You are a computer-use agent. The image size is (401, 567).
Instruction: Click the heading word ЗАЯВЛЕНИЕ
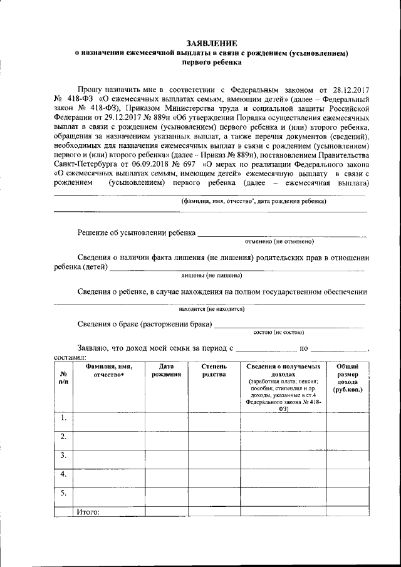pos(211,44)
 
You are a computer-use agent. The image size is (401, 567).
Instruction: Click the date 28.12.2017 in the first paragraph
pos(348,90)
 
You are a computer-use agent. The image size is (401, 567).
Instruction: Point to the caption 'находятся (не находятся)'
pos(211,309)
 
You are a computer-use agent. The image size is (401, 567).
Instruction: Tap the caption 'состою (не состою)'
pos(278,331)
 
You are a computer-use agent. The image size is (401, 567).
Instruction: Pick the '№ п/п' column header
pos(63,378)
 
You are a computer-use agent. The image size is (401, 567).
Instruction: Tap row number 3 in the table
pos(63,455)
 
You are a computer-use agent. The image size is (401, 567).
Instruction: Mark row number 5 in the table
pos(63,493)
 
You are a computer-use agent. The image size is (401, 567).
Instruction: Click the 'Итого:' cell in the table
pos(88,511)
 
